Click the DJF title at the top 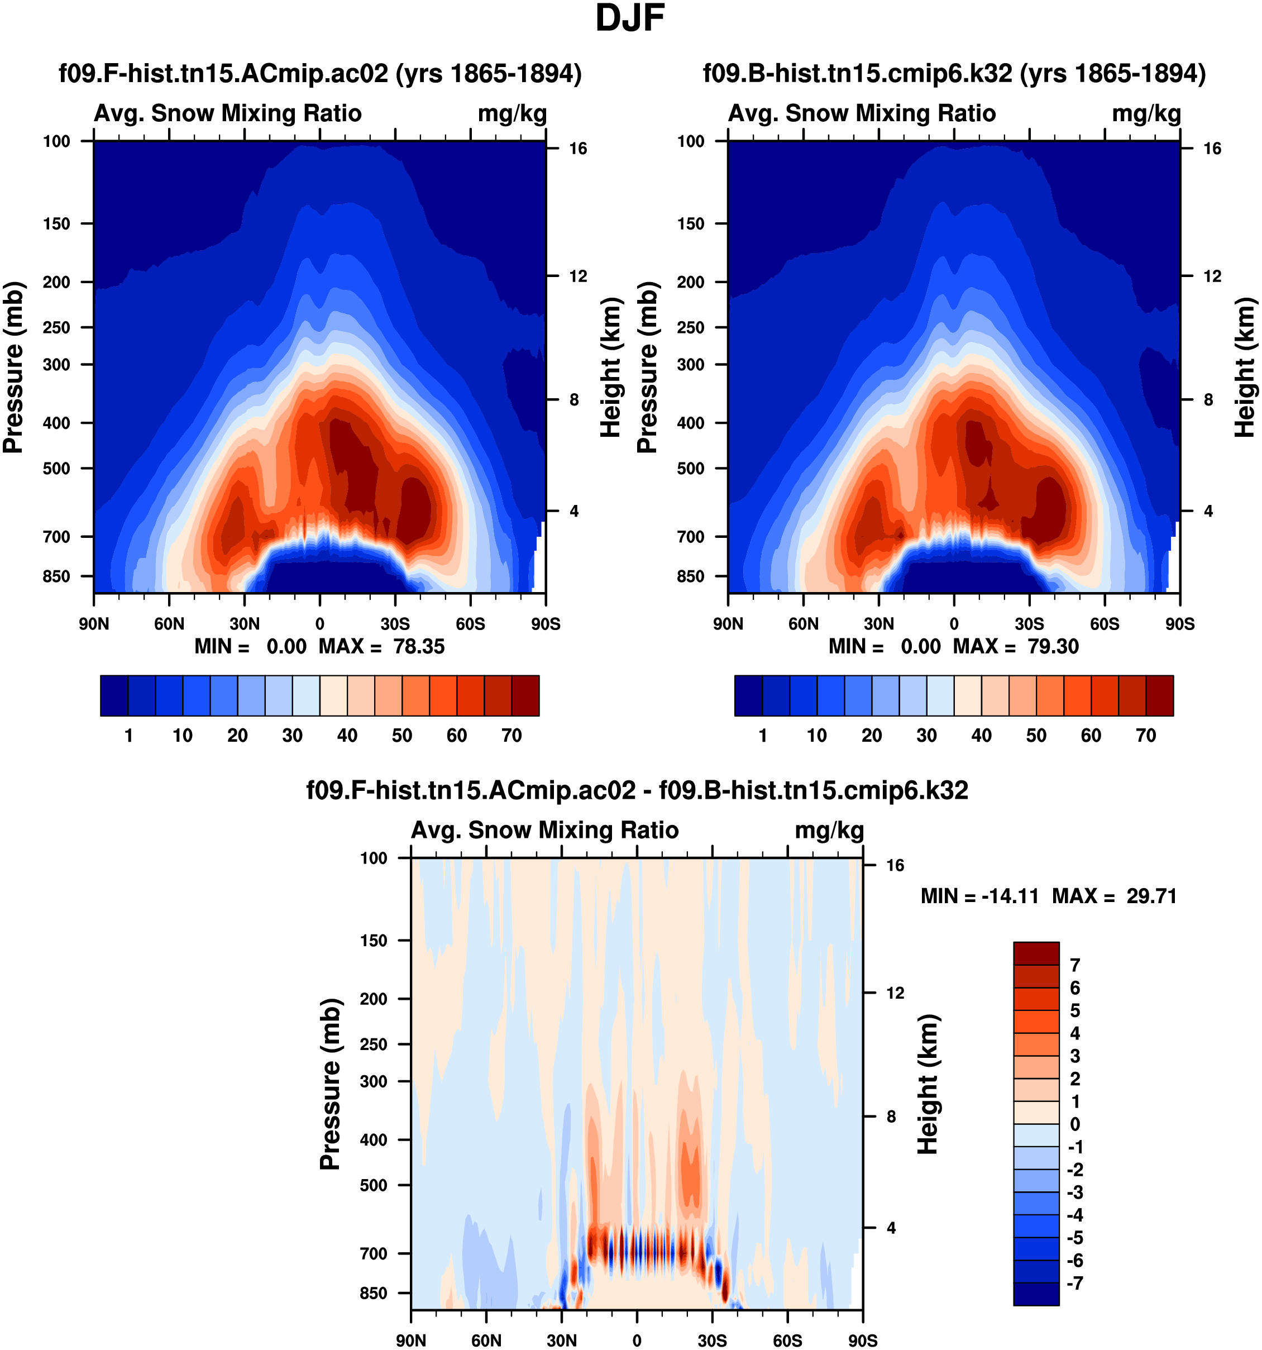(629, 19)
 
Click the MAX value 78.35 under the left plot (419, 646)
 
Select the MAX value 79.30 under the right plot (1053, 646)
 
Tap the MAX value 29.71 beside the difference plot (1151, 896)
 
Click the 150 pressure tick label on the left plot (56, 224)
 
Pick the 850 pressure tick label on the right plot (690, 576)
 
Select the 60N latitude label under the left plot (169, 624)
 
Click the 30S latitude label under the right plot (1029, 624)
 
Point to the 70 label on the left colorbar (511, 736)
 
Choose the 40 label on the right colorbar (981, 736)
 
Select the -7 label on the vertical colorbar (1074, 1284)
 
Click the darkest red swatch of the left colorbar (525, 695)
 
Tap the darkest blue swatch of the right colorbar (748, 695)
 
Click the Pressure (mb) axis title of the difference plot (330, 1085)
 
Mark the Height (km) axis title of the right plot (1244, 367)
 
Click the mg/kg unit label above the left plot (512, 113)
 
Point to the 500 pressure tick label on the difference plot (374, 1185)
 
